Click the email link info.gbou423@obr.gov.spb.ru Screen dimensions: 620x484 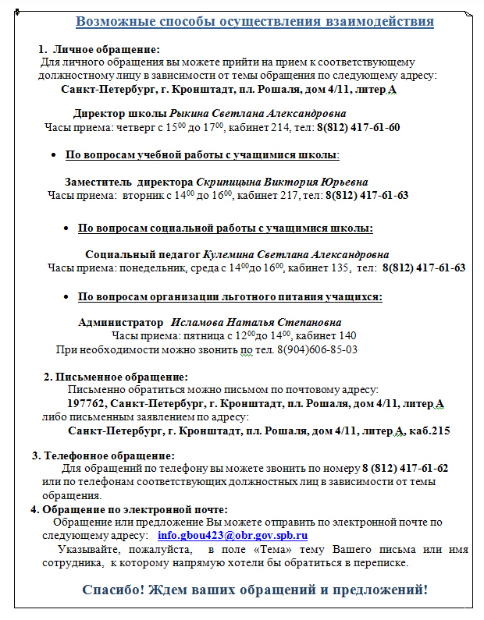(233, 536)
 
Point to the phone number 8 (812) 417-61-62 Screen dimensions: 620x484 (405, 469)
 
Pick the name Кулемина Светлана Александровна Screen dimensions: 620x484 (296, 254)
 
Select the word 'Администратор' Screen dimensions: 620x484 (117, 322)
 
